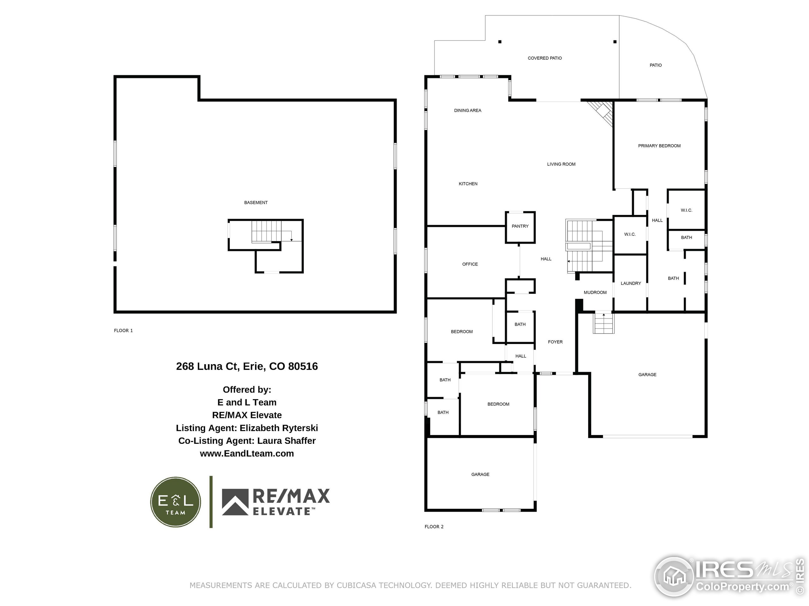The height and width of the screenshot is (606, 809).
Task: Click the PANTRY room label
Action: point(520,226)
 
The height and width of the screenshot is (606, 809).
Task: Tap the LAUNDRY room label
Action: point(630,283)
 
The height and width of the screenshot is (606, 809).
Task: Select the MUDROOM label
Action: point(595,292)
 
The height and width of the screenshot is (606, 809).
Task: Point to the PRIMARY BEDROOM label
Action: point(659,146)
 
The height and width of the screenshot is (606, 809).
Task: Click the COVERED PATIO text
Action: point(544,58)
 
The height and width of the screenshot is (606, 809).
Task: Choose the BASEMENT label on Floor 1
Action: point(256,202)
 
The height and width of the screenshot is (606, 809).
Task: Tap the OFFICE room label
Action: point(470,264)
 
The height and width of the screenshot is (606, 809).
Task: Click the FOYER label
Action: point(555,342)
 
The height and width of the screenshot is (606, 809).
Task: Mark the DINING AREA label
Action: point(467,110)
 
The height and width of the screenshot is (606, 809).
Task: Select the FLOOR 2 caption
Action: point(434,526)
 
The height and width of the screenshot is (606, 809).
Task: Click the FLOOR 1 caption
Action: point(123,330)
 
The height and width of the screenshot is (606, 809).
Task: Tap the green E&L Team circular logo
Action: point(176,502)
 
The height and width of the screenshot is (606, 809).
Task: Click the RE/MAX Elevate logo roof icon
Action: point(235,502)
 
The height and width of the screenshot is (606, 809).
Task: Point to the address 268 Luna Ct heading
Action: point(247,366)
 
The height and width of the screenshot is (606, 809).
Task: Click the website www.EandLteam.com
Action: point(247,453)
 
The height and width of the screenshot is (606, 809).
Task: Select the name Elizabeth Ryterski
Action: point(279,428)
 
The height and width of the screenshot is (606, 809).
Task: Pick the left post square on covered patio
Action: point(500,42)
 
